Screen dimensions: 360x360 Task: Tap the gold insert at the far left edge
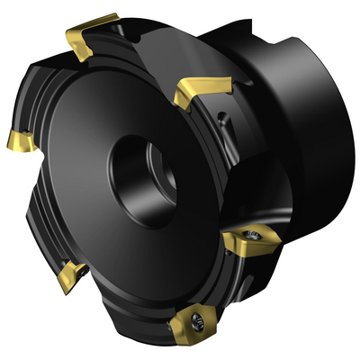click(x=17, y=140)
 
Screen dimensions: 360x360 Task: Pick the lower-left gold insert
click(x=69, y=275)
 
